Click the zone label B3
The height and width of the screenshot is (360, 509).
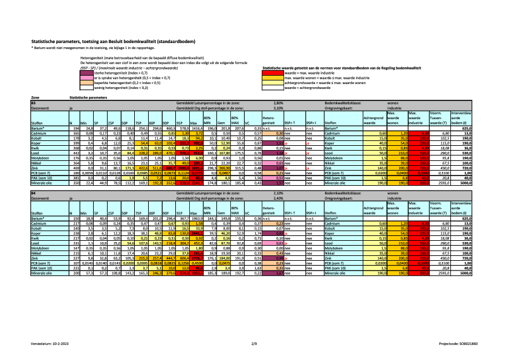[34, 103]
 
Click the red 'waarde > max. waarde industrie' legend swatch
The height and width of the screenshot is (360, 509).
[273, 73]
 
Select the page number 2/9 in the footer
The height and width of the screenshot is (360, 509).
[254, 342]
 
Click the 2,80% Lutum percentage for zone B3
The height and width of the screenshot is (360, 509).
[278, 103]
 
